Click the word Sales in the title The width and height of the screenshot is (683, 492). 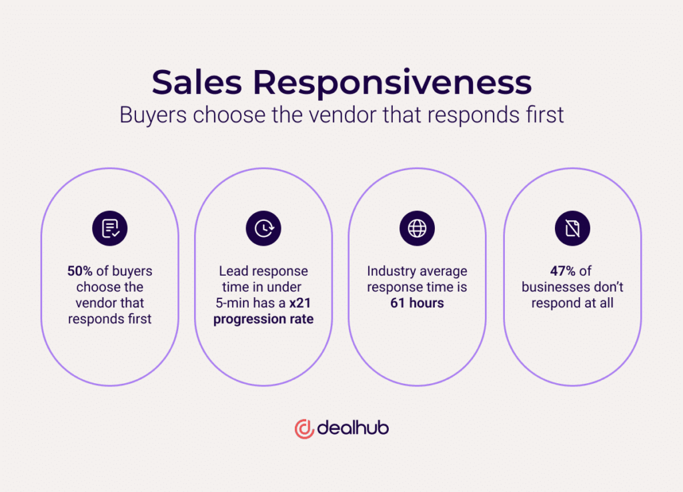[x=197, y=82]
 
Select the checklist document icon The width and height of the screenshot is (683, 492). [x=110, y=228]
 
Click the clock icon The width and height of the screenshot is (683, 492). [x=263, y=228]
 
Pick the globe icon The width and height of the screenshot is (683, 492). [x=417, y=228]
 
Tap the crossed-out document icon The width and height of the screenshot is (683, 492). [x=572, y=228]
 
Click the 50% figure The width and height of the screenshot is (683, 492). [x=80, y=271]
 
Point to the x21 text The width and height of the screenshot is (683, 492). [x=300, y=303]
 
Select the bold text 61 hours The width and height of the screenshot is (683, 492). [x=417, y=303]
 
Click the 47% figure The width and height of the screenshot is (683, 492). [x=563, y=271]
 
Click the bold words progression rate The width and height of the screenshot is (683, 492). [x=263, y=319]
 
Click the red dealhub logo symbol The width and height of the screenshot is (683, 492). [x=304, y=429]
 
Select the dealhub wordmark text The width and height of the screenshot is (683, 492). [x=353, y=427]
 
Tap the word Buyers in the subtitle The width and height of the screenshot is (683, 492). [x=153, y=115]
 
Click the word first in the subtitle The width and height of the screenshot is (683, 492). [x=546, y=115]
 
